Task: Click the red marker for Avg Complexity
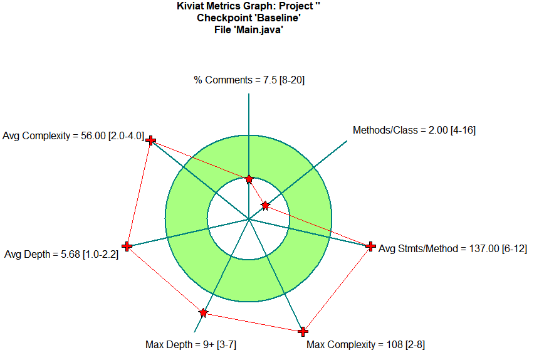coord(150,141)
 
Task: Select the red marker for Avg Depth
coord(127,246)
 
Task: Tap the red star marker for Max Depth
coord(203,312)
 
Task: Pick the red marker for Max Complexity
coord(303,331)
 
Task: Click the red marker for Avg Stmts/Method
coord(370,246)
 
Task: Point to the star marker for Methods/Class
coord(266,205)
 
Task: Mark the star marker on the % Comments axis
coord(249,179)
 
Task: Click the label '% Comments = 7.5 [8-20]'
coord(249,80)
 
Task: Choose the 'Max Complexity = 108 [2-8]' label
coord(365,344)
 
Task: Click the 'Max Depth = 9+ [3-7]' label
coord(191,344)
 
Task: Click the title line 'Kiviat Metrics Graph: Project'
coord(249,6)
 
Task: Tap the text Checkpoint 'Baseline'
coord(249,18)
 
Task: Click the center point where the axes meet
coord(249,219)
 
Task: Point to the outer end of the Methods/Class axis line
coord(346,140)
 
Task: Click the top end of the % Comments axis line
coord(249,94)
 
